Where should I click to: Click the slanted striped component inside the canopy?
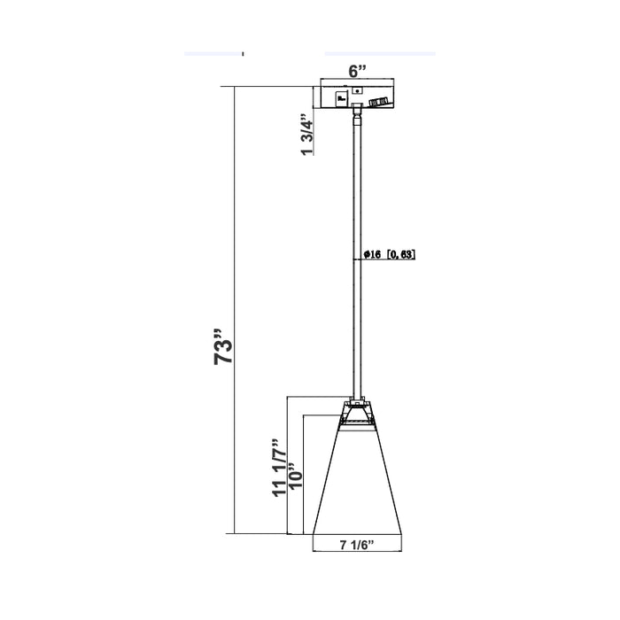tap(380, 102)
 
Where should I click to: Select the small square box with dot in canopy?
tap(357, 90)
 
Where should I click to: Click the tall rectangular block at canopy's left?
tap(341, 97)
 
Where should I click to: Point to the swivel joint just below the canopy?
tap(357, 113)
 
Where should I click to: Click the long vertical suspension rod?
tap(358, 257)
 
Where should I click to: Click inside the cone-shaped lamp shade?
tap(358, 483)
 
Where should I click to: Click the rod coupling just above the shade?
tap(358, 396)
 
